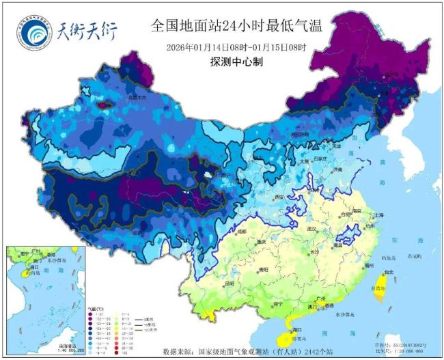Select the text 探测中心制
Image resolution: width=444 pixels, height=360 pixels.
236,61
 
